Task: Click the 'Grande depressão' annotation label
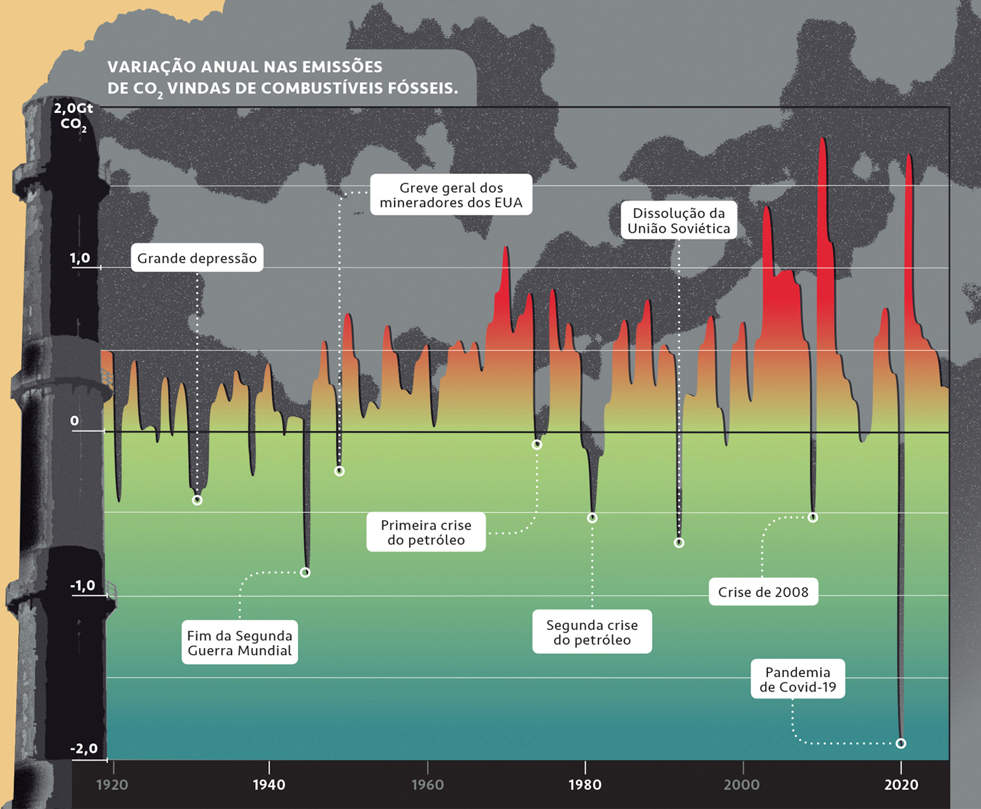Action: [197, 258]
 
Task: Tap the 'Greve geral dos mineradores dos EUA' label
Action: [451, 195]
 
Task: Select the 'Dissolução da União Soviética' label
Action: [678, 221]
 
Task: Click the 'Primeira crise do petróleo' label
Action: [426, 532]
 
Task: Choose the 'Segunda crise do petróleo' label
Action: [592, 632]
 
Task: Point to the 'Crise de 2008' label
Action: [763, 592]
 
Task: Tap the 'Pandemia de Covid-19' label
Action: [797, 679]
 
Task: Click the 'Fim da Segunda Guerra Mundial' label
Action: [240, 642]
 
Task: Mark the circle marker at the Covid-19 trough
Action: [901, 743]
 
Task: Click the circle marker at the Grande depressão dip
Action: [197, 500]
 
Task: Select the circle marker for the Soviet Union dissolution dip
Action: [679, 543]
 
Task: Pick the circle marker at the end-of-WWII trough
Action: [305, 572]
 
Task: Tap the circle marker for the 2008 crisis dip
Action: [813, 517]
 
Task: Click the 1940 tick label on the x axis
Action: [269, 785]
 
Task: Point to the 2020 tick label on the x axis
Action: [901, 785]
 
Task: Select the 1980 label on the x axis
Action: [585, 785]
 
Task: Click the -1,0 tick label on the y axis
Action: [82, 586]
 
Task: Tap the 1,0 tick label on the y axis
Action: [80, 258]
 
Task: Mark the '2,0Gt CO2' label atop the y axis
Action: [73, 115]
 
